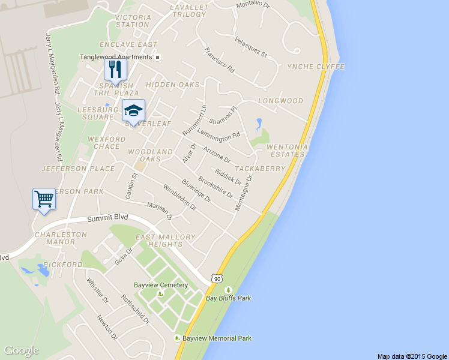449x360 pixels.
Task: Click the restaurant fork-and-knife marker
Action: (115, 70)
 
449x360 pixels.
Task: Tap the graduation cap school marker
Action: (133, 110)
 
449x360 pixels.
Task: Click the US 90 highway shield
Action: (217, 278)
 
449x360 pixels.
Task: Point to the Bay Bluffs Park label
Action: (229, 298)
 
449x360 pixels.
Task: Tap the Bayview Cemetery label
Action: (161, 285)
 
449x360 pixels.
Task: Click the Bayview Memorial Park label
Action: (217, 338)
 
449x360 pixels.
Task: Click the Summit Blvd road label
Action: (108, 220)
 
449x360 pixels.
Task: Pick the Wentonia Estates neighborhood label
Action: (288, 150)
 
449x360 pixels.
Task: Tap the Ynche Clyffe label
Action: (316, 67)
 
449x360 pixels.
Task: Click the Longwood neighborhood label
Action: (280, 101)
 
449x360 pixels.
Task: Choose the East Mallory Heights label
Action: (165, 241)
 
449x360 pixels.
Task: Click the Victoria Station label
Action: (132, 21)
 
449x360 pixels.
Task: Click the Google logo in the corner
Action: (21, 350)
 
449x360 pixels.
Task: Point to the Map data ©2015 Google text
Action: (412, 356)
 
